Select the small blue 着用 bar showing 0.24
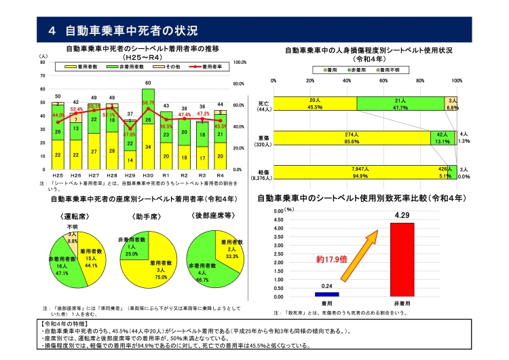(326, 294)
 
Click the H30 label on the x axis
(147, 175)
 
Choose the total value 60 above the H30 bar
(147, 83)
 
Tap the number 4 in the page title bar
(52, 31)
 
